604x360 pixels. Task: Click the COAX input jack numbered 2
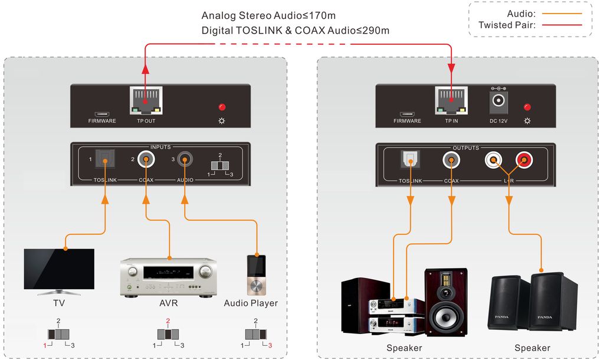pos(146,159)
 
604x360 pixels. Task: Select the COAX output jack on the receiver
pos(451,159)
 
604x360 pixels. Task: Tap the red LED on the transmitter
pos(222,107)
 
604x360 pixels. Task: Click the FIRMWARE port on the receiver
pos(407,114)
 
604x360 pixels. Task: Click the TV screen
pos(59,269)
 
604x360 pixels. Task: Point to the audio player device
pos(256,274)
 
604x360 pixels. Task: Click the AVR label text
pos(168,303)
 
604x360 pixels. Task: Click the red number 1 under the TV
pos(45,345)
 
